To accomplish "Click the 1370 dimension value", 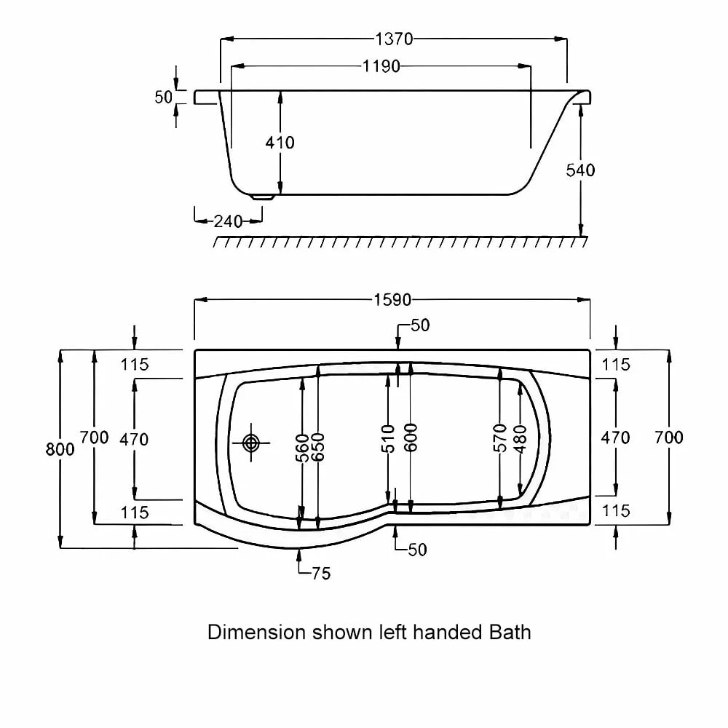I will click(394, 39).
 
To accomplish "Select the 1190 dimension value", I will click(381, 66).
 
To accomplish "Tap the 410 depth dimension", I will click(280, 143).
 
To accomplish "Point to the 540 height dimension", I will click(580, 170).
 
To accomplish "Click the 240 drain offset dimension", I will click(228, 221).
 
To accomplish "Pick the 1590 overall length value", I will click(393, 299).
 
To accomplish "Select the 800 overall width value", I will click(60, 449).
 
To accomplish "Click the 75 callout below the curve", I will click(320, 574).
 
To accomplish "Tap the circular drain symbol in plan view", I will click(251, 442).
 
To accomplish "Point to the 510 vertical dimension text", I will click(388, 439).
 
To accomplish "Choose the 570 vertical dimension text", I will click(499, 438).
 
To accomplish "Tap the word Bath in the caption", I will click(507, 631).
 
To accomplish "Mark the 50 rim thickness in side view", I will click(163, 97).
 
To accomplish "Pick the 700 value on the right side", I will click(668, 438).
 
